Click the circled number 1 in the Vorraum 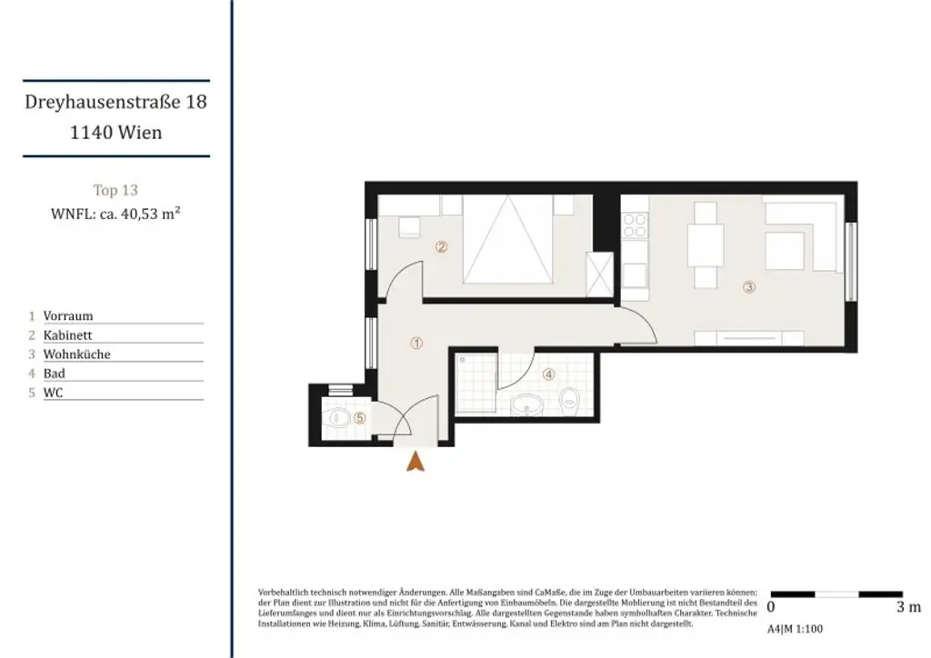[416, 344]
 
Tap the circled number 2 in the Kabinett [441, 245]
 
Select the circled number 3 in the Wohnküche [749, 287]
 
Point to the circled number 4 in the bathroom [548, 374]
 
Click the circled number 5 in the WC [360, 418]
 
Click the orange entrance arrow [415, 462]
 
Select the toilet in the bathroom [570, 398]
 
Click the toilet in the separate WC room [338, 419]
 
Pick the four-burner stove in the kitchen [634, 224]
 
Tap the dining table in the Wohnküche [705, 244]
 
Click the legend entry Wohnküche [76, 354]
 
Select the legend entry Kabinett [68, 335]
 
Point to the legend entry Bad [55, 374]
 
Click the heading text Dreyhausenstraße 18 [115, 102]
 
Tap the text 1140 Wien [115, 132]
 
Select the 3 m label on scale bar [907, 607]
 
